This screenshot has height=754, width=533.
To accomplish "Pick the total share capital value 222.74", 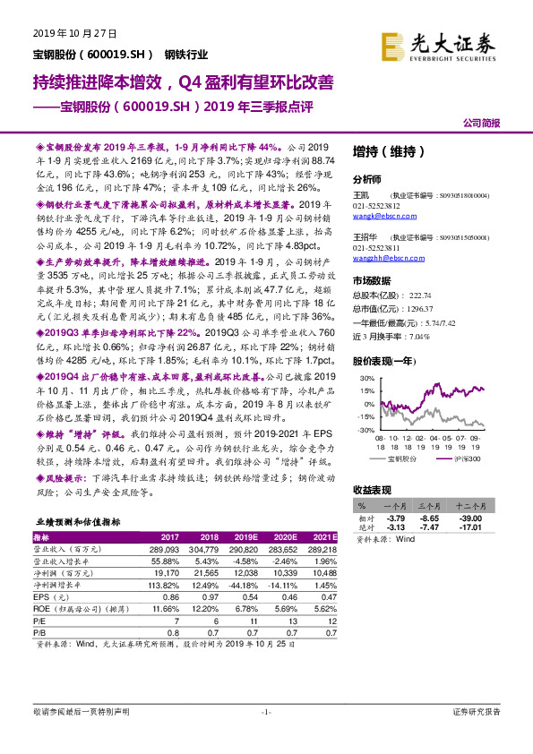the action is [x=419, y=294].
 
